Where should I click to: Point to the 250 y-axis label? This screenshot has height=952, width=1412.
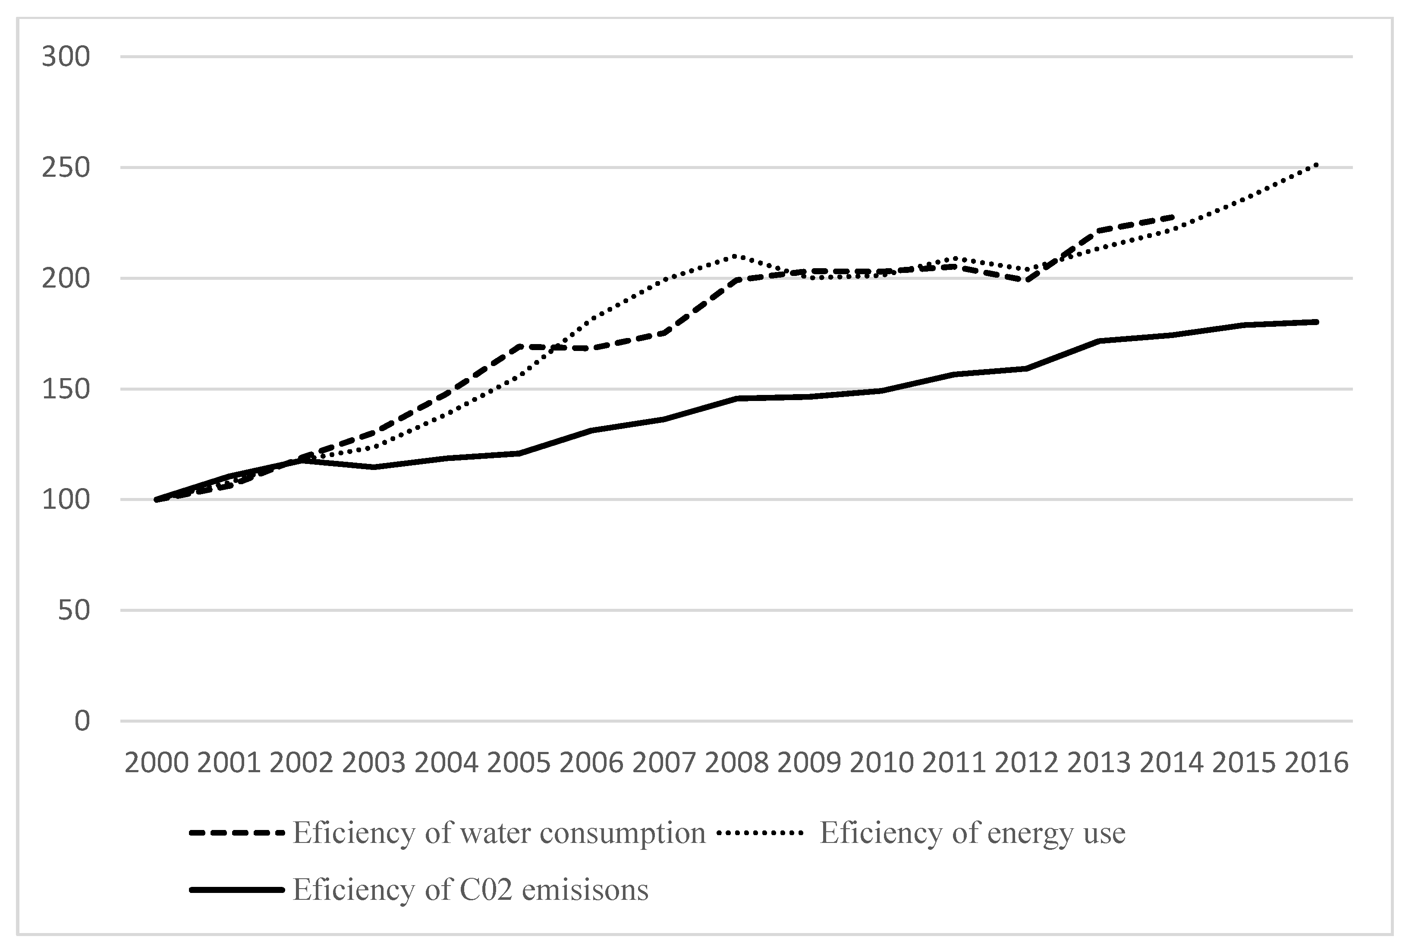[x=66, y=168]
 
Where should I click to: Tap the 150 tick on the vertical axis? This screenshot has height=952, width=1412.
[x=66, y=389]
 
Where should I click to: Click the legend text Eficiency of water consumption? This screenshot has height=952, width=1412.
[x=499, y=833]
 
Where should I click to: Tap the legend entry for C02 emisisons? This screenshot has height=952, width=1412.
[x=471, y=890]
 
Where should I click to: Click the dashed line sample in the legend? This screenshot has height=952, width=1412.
[x=237, y=833]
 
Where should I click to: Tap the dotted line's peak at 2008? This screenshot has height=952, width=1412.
[x=736, y=256]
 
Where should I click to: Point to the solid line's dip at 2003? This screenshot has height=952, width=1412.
[x=374, y=467]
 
